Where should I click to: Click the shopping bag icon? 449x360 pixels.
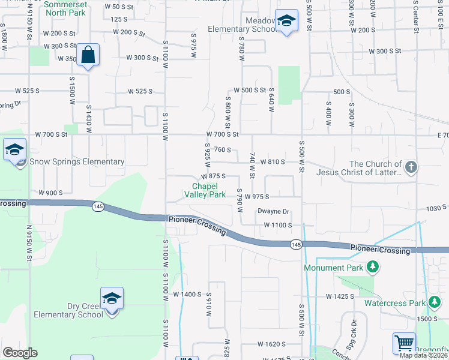pyautogui.click(x=88, y=55)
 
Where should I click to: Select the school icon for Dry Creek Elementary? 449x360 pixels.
pyautogui.click(x=112, y=298)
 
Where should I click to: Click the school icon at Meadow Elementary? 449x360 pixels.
pyautogui.click(x=286, y=22)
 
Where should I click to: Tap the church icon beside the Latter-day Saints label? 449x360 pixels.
pyautogui.click(x=411, y=167)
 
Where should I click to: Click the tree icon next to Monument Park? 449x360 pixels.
pyautogui.click(x=373, y=267)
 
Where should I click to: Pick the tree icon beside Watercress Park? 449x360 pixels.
pyautogui.click(x=434, y=303)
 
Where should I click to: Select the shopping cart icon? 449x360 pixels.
pyautogui.click(x=404, y=344)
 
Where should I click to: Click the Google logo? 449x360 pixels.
pyautogui.click(x=20, y=353)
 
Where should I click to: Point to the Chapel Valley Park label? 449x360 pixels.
pyautogui.click(x=205, y=190)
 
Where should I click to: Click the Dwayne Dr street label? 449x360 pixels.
pyautogui.click(x=274, y=211)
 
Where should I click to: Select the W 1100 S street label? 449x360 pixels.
pyautogui.click(x=277, y=225)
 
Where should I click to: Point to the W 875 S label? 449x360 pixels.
pyautogui.click(x=213, y=176)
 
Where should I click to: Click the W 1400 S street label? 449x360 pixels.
pyautogui.click(x=187, y=295)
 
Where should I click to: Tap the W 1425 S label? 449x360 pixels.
pyautogui.click(x=340, y=296)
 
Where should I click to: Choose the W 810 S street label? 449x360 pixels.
pyautogui.click(x=273, y=162)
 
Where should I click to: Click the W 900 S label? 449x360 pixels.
pyautogui.click(x=51, y=193)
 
